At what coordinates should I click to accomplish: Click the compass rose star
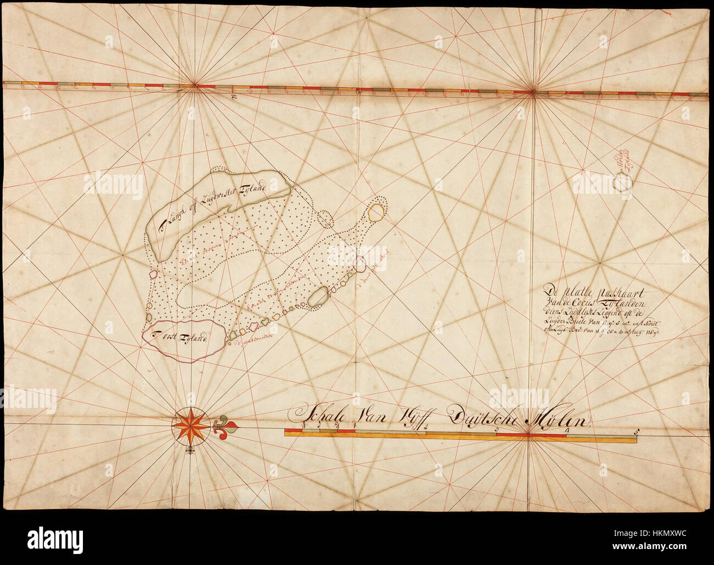pyautogui.click(x=190, y=424)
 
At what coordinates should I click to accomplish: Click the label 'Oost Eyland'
pyautogui.click(x=181, y=337)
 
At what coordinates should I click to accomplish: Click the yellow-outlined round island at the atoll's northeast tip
pyautogui.click(x=376, y=212)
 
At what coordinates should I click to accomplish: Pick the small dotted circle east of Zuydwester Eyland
pyautogui.click(x=326, y=219)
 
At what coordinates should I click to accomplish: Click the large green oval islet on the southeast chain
pyautogui.click(x=319, y=297)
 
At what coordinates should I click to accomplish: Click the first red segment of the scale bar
pyautogui.click(x=346, y=433)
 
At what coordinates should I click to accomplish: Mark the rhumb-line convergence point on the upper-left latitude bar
pyautogui.click(x=193, y=85)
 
